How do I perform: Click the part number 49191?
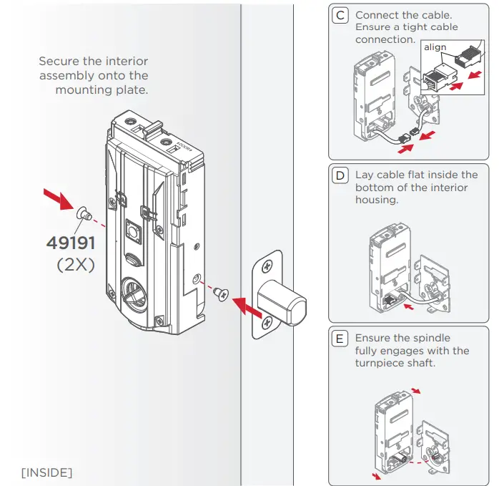pyautogui.click(x=70, y=243)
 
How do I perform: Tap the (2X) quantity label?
pyautogui.click(x=75, y=264)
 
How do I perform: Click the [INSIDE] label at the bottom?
pyautogui.click(x=46, y=472)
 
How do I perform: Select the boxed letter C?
pyautogui.click(x=341, y=15)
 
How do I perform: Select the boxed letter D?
pyautogui.click(x=341, y=175)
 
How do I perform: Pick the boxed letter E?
pyautogui.click(x=341, y=338)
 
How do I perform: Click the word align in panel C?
pyautogui.click(x=435, y=47)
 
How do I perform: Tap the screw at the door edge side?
pyautogui.click(x=220, y=292)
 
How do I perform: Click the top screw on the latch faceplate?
pyautogui.click(x=266, y=266)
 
